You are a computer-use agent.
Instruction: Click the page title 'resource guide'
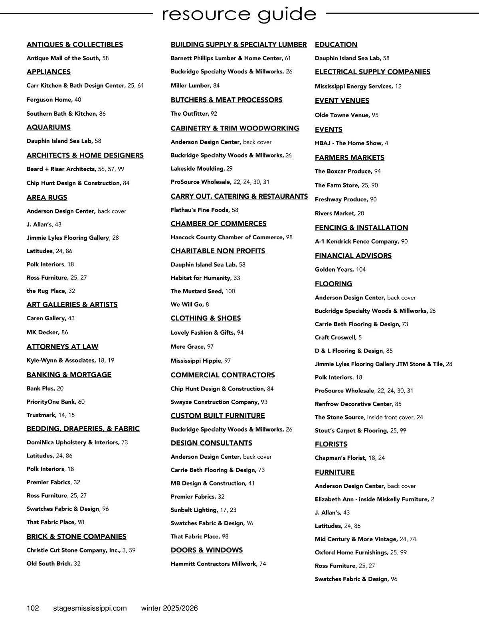239,14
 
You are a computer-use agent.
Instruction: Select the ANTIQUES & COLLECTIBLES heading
75,45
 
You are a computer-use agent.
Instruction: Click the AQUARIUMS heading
49,127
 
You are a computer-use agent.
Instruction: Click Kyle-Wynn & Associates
61,361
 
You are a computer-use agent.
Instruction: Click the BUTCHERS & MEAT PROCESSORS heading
226,100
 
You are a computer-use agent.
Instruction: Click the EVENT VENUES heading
342,101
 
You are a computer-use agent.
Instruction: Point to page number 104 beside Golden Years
361,270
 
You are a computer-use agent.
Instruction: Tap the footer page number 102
33,608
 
